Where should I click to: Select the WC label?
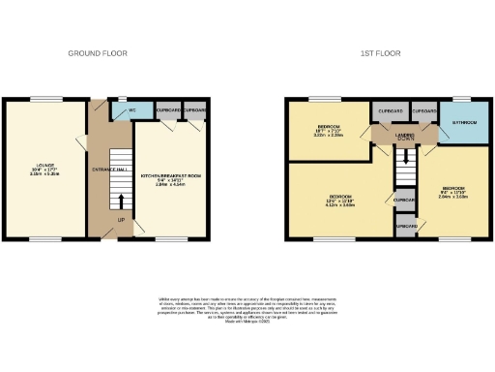(123, 112)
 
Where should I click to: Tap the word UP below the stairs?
(121, 219)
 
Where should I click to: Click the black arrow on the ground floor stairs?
(121, 201)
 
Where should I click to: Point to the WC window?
(125, 99)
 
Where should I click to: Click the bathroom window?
(462, 99)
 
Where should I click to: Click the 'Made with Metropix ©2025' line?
(247, 322)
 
